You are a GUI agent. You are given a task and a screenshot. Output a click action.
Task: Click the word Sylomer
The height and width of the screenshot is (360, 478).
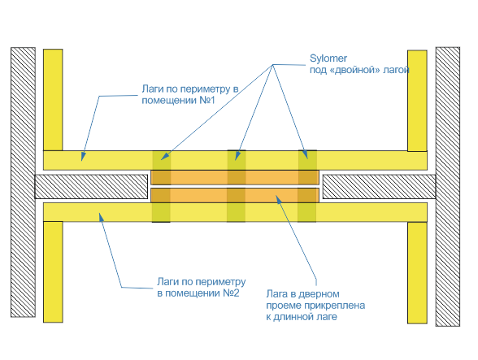[x=328, y=59]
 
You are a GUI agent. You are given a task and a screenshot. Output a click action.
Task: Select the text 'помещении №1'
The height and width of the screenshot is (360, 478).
[x=178, y=100]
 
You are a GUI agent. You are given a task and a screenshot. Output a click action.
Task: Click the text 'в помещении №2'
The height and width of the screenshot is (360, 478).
[x=198, y=293]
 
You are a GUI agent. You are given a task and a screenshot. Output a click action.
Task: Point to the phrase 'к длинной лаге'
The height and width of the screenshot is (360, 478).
[x=302, y=317]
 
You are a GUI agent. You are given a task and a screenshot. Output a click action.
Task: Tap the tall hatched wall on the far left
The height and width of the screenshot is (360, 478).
[x=23, y=182]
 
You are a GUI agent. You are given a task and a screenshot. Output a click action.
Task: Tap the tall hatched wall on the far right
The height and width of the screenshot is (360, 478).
[x=448, y=187]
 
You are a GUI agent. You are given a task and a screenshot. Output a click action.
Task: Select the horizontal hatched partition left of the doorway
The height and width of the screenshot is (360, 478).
[x=91, y=187]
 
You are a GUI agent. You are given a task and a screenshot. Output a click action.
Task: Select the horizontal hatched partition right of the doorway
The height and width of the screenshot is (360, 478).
[x=379, y=187]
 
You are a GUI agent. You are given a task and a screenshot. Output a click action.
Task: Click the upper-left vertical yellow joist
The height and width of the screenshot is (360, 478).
[x=53, y=100]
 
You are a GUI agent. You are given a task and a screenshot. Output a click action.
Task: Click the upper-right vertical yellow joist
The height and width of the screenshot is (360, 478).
[x=417, y=101]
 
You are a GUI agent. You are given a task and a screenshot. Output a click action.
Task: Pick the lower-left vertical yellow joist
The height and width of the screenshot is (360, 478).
[x=53, y=272]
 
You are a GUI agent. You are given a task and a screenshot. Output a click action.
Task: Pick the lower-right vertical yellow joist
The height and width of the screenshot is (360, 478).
[x=417, y=273]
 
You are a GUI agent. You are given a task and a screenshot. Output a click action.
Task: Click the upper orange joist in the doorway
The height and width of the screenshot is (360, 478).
[x=235, y=177]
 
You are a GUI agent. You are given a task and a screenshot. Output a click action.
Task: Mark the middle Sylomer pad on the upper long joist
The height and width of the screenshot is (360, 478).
[x=237, y=160]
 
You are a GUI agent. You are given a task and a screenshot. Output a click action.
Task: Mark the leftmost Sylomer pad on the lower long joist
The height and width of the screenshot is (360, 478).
[x=161, y=212]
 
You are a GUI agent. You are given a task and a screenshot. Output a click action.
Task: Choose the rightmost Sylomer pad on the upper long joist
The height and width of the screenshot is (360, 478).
[x=307, y=160]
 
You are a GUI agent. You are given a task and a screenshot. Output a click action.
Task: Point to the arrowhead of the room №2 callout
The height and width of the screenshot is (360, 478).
[x=101, y=217]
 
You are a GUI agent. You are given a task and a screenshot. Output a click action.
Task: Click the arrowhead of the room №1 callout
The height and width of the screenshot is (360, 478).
[x=83, y=157]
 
